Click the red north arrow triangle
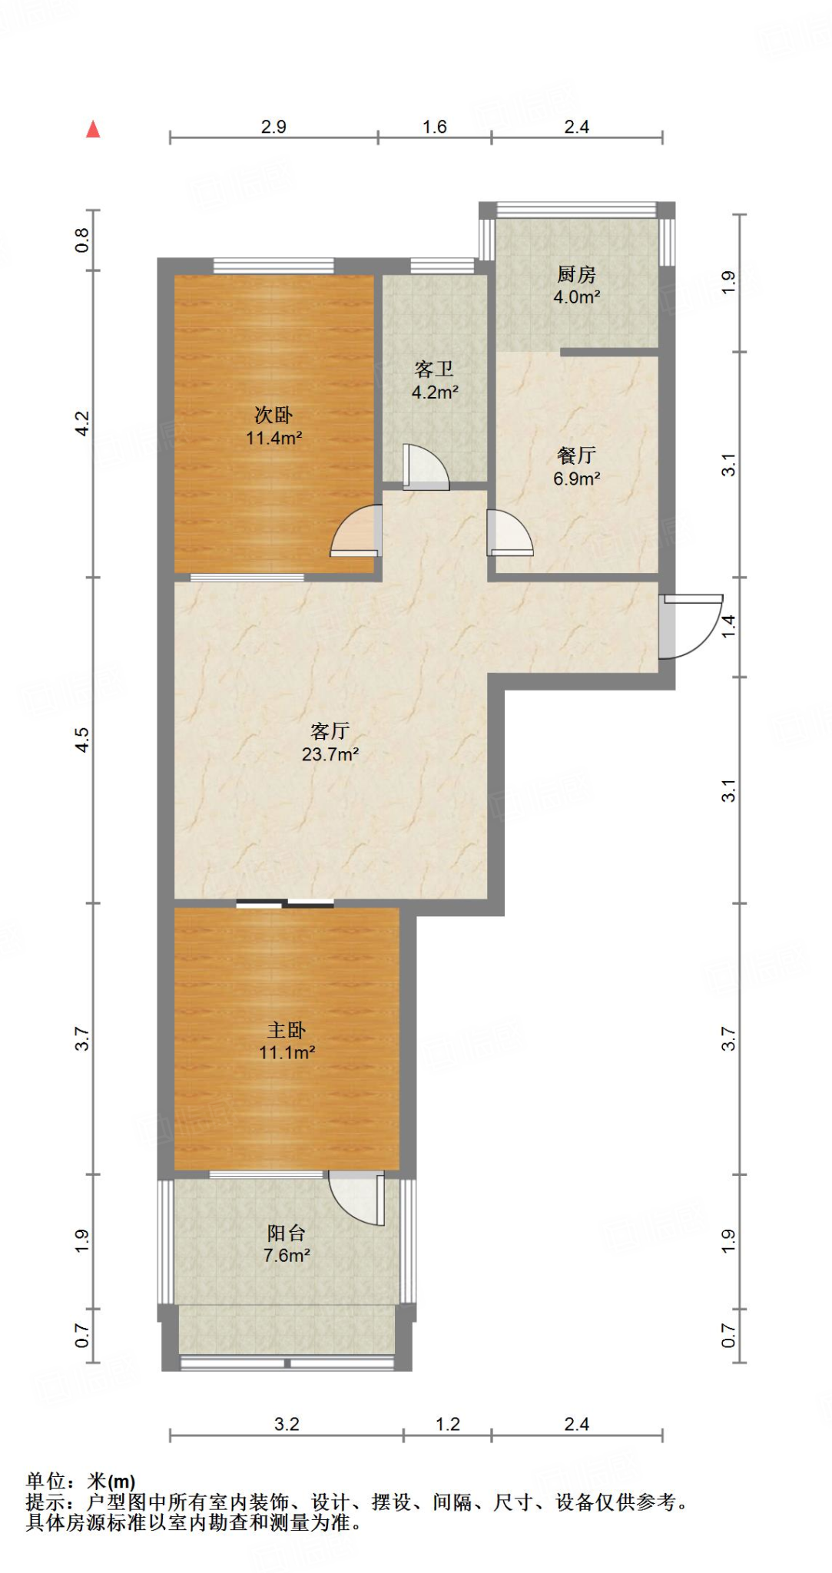pos(93,129)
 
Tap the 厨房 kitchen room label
pos(576,274)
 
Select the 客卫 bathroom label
pos(434,369)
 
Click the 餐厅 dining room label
pos(576,455)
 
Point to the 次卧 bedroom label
pos(273,416)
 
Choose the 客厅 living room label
pos(330,731)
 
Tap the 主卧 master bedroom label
pos(287,1030)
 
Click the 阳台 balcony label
pos(287,1233)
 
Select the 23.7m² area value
pos(330,754)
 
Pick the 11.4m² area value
pos(273,439)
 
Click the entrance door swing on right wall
pos(691,626)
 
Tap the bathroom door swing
pos(426,466)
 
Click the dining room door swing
pos(510,532)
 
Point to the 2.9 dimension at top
pos(273,127)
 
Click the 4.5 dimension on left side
pos(82,740)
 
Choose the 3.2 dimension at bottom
pos(287,1424)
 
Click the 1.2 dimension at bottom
pos(448,1424)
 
